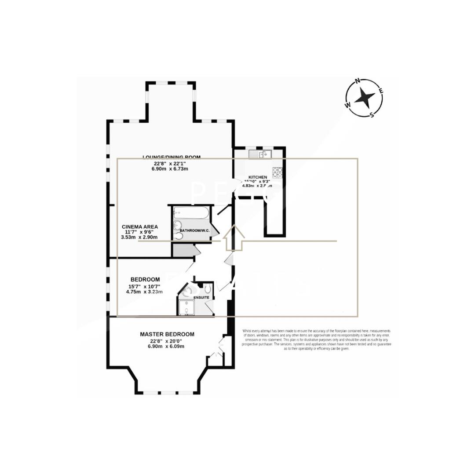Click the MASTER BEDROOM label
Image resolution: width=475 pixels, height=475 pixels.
[x=167, y=334]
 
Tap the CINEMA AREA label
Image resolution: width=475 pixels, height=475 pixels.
[x=139, y=227]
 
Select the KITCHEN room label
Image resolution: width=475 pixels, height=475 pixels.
[x=257, y=177]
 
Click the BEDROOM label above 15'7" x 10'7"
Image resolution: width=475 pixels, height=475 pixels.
[x=145, y=279]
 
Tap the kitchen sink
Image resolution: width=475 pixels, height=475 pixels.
[x=260, y=154]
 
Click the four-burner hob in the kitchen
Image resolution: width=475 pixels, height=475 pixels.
[x=277, y=171]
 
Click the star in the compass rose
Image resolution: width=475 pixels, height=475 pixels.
[x=364, y=98]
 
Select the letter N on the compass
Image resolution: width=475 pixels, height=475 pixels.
[x=358, y=81]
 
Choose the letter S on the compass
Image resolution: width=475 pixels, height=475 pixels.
[x=372, y=115]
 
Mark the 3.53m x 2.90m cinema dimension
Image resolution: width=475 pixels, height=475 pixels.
[x=139, y=237]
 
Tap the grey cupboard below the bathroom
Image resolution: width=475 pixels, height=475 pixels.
[x=182, y=250]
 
